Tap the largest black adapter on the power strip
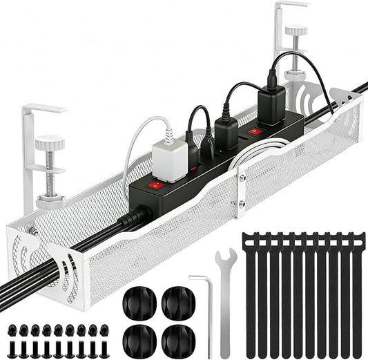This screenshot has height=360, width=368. pyautogui.click(x=271, y=105)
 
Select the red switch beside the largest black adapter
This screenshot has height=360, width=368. pyautogui.click(x=255, y=130)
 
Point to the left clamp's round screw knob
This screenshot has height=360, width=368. pyautogui.click(x=50, y=144)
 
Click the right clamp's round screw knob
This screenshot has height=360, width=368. pyautogui.click(x=296, y=31)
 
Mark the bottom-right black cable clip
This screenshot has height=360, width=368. pyautogui.click(x=177, y=339)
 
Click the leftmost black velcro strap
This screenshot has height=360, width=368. pyautogui.click(x=250, y=290)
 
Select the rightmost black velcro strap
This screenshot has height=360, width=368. pyautogui.click(x=356, y=290)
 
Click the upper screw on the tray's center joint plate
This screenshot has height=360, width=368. pyautogui.click(x=241, y=178)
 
